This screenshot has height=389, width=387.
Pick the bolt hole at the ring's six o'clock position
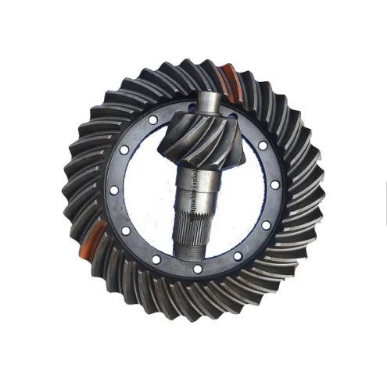(197, 269)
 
